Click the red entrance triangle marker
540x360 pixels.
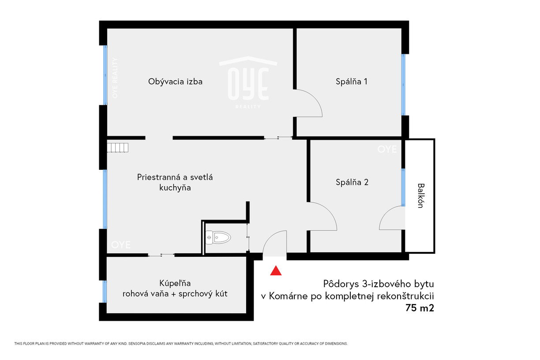(x=276, y=271)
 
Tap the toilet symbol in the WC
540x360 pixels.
(x=218, y=237)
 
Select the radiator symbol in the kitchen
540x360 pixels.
(x=118, y=147)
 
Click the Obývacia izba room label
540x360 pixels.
(x=175, y=82)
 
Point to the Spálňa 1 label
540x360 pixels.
(x=352, y=82)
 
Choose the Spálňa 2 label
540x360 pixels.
(x=352, y=182)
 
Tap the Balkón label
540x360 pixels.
(x=421, y=195)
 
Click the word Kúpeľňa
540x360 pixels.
(x=175, y=283)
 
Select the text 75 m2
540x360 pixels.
(x=420, y=308)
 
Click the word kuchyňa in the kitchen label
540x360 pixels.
(x=175, y=187)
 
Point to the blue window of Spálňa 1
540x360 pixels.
(x=403, y=85)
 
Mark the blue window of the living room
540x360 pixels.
(x=105, y=75)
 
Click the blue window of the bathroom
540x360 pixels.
(x=105, y=291)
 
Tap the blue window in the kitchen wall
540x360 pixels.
(x=105, y=199)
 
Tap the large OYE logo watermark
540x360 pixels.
(x=248, y=82)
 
